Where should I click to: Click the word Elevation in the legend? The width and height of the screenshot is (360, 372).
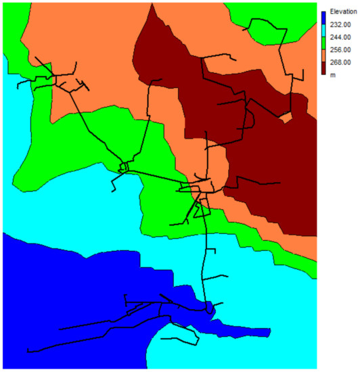[x=340, y=11]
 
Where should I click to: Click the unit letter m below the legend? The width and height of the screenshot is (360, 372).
[x=332, y=75]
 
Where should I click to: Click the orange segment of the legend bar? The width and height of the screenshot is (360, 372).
[x=324, y=56]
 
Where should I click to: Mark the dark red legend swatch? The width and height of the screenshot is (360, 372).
[x=324, y=69]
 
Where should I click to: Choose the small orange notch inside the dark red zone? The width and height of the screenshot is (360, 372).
[x=287, y=118]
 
